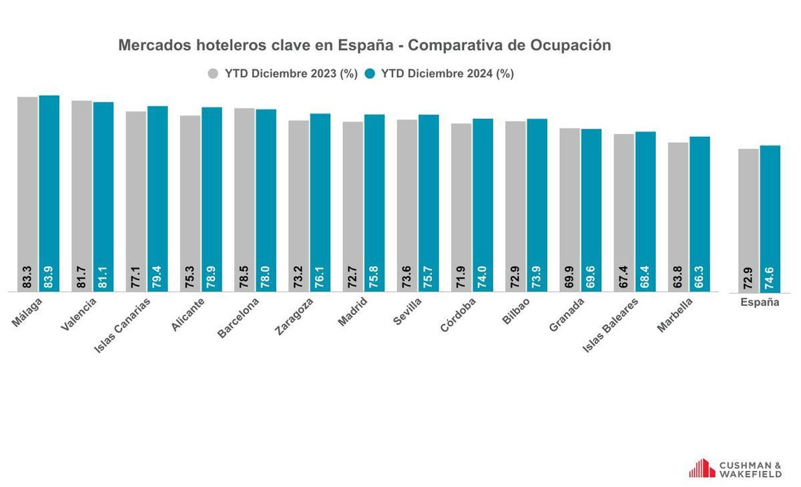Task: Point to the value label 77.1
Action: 136,278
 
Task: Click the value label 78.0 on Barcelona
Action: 266,278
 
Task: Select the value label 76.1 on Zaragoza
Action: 320,278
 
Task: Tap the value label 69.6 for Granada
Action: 591,278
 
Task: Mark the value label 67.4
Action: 624,278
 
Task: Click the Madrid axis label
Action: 352,312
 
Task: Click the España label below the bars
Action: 760,302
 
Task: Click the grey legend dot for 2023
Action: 214,73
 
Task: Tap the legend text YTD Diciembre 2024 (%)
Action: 447,73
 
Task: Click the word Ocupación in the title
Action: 571,45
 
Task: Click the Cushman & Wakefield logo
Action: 735,468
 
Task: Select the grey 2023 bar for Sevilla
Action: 407,200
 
